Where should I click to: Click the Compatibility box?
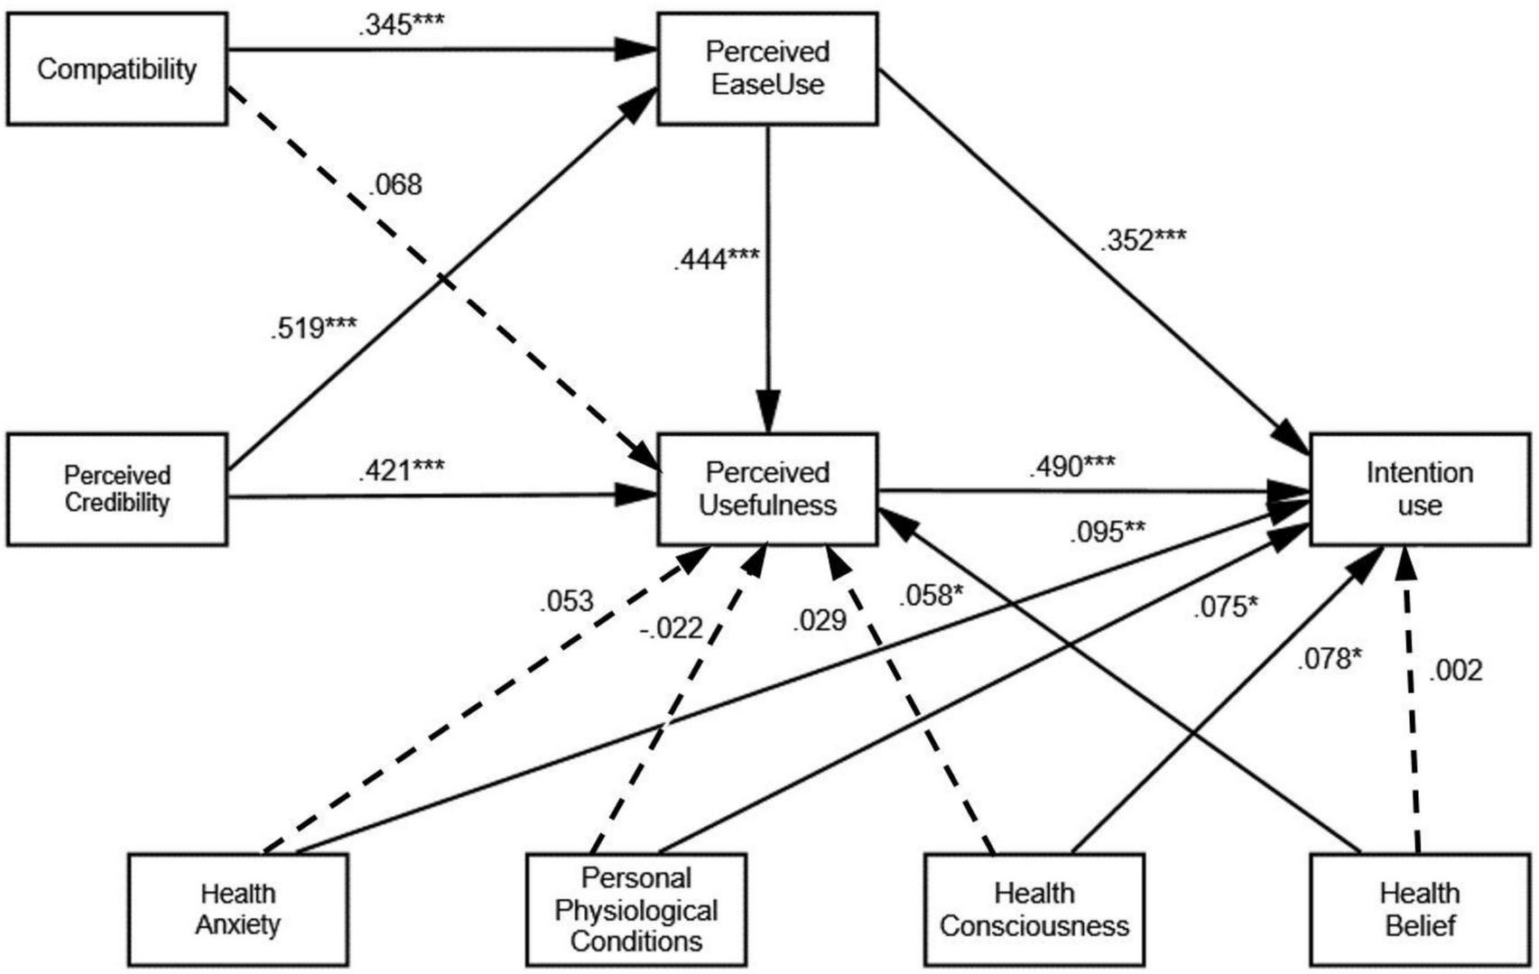[116, 69]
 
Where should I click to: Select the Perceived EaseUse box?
[767, 69]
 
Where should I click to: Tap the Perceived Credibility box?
[116, 489]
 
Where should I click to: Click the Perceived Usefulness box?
[767, 489]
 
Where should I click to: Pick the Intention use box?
[1419, 489]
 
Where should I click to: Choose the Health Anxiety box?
[237, 910]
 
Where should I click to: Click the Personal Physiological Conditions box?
[636, 910]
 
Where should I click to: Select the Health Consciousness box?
[1034, 910]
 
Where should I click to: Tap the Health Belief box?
[1419, 910]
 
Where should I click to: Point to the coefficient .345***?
[401, 25]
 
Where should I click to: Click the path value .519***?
[313, 328]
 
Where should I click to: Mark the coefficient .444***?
[717, 260]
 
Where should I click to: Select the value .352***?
[1142, 240]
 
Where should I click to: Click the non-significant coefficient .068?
[395, 185]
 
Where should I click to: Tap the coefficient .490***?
[1071, 467]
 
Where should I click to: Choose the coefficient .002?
[1455, 670]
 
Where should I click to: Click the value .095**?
[1107, 533]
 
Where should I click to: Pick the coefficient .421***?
[401, 470]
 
